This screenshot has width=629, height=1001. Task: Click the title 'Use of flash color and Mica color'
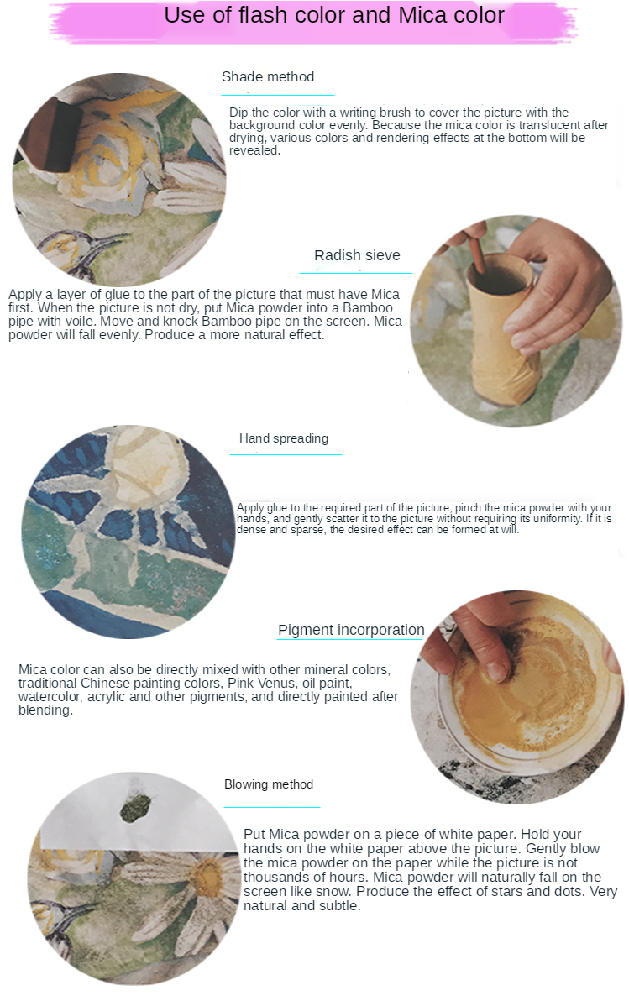(x=334, y=14)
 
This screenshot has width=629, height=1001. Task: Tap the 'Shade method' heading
(x=268, y=76)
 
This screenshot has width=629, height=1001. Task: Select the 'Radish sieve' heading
(x=357, y=255)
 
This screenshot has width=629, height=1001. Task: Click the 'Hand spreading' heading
(x=284, y=438)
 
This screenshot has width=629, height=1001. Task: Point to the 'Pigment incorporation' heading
(x=351, y=630)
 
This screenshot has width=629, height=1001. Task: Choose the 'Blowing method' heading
(x=268, y=784)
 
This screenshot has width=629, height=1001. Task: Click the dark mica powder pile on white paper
(x=136, y=809)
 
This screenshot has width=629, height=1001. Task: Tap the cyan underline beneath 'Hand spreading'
(x=286, y=454)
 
